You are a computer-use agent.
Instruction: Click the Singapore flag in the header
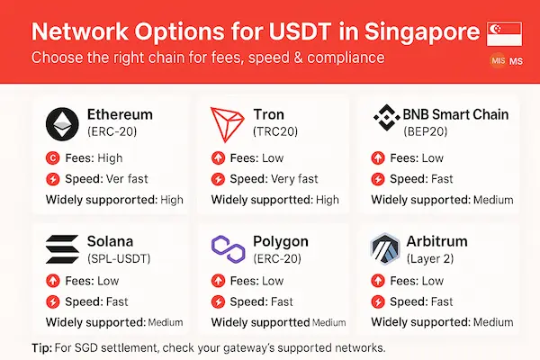tap(503, 34)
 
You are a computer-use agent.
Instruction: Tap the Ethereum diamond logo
tap(62, 123)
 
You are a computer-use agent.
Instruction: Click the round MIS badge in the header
tap(498, 61)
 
